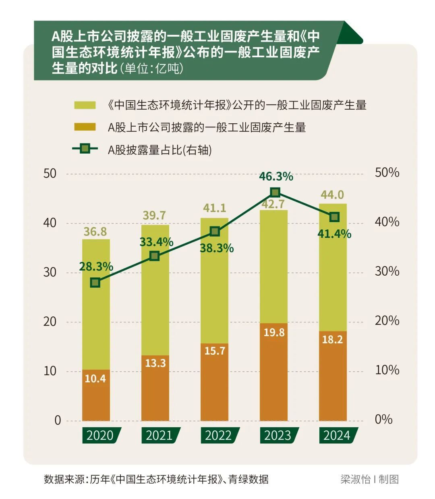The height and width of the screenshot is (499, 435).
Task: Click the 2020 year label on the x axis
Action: (x=100, y=435)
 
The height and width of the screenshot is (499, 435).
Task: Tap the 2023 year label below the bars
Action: (x=278, y=435)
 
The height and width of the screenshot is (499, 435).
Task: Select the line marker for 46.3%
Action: (x=275, y=192)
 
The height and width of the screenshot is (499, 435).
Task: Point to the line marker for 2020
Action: (x=95, y=283)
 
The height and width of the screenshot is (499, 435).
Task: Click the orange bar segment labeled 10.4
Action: (x=96, y=395)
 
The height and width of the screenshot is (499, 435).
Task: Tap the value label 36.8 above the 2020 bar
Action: (x=95, y=231)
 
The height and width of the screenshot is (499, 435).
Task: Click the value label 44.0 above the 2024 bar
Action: (x=332, y=195)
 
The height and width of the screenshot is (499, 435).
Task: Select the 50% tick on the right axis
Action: (x=387, y=173)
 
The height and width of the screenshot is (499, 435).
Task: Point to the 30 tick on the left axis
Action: (x=50, y=272)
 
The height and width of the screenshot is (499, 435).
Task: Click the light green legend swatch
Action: (x=85, y=105)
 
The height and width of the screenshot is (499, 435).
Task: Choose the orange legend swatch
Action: (x=85, y=127)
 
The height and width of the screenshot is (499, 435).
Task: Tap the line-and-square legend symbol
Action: (x=85, y=149)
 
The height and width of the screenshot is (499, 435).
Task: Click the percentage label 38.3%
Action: (x=217, y=248)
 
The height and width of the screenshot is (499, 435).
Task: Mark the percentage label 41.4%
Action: (x=334, y=234)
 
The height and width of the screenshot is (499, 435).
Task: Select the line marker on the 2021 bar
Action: (x=154, y=256)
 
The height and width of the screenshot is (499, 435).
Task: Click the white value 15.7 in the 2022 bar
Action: (x=214, y=351)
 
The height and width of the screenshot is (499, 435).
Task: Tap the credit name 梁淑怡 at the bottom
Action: (x=355, y=479)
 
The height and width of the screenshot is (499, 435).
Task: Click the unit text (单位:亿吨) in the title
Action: (x=152, y=69)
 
